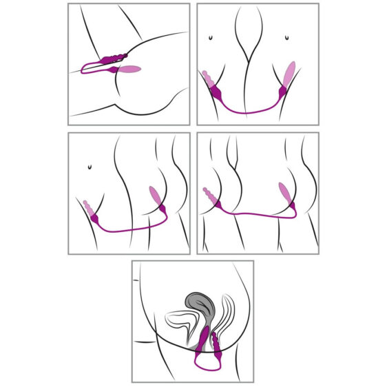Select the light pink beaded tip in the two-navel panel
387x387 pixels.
click(207, 79)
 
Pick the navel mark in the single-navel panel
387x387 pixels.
click(90, 166)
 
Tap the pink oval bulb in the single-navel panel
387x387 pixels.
click(156, 199)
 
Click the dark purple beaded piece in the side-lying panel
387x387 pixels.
click(113, 59)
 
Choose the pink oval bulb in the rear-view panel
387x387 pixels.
click(284, 193)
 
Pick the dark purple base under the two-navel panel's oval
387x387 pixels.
click(282, 91)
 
